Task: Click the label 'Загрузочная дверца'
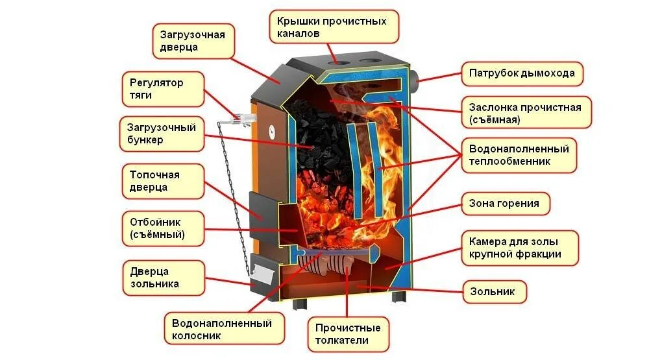pos(192,40)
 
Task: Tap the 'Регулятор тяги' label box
pos(163,89)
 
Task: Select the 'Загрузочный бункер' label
pos(162,134)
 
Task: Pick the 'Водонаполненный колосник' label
pos(223,329)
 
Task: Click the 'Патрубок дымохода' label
pos(522,73)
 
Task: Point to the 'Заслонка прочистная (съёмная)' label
pos(526,113)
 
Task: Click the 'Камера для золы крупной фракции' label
pos(519,247)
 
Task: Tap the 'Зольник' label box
pos(493,292)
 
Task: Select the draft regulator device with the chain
pos(238,119)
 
